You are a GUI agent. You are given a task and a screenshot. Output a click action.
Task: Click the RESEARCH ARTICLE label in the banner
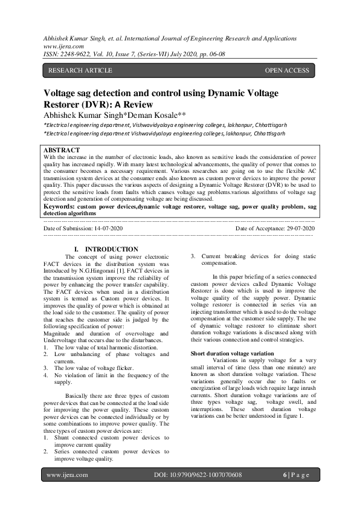click(x=80, y=70)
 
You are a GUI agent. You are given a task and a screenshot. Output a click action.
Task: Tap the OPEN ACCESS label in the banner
click(x=287, y=70)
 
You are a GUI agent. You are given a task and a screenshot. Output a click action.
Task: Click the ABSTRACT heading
click(x=62, y=150)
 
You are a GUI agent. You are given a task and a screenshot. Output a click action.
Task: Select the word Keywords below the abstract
click(x=62, y=206)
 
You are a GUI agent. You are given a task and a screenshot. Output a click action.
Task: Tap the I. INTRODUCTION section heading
click(x=106, y=249)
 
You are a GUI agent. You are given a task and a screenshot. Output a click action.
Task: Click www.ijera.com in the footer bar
click(x=67, y=475)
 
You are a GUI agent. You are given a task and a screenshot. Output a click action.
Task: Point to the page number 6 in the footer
click(x=284, y=475)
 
